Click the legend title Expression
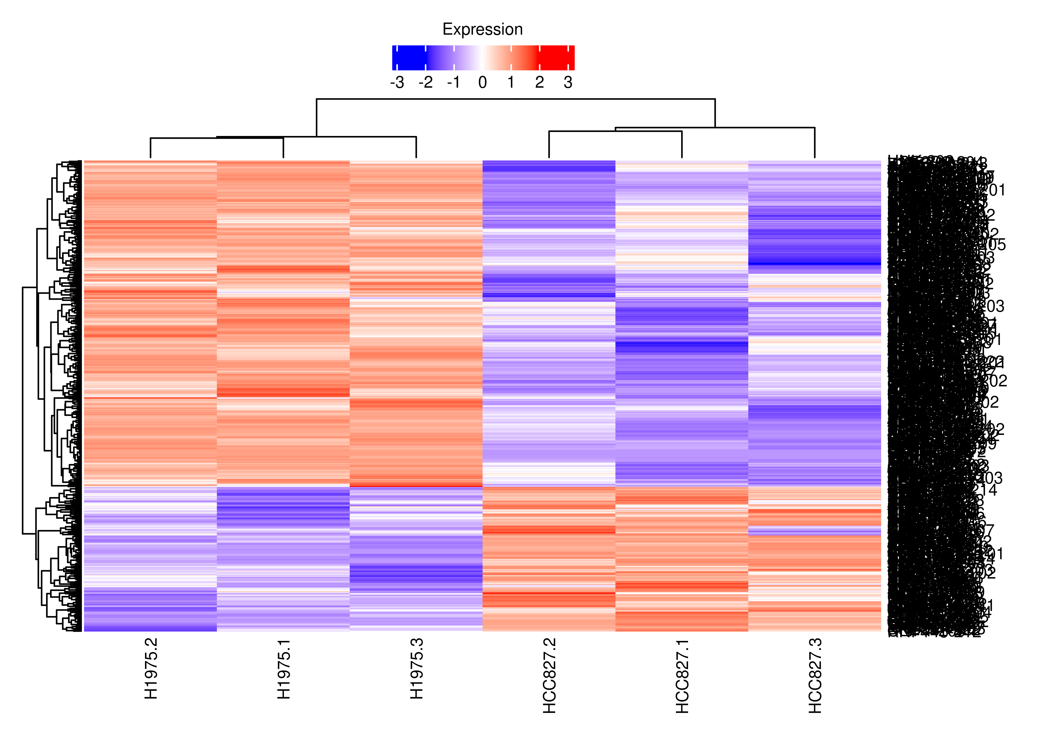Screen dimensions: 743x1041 tap(483, 29)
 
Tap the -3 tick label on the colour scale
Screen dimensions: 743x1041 tap(397, 83)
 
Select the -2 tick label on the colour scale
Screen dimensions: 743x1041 tap(425, 83)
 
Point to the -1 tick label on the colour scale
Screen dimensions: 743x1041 tap(454, 83)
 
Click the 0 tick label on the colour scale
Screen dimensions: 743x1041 tap(483, 83)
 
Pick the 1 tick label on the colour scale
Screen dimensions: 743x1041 tap(511, 83)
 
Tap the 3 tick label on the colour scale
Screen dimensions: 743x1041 tap(568, 83)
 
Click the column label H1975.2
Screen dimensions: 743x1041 tap(151, 669)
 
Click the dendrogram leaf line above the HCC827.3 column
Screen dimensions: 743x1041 tap(815, 143)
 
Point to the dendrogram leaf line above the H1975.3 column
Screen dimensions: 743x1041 tap(416, 147)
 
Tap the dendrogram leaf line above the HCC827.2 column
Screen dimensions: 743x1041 tap(549, 145)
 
